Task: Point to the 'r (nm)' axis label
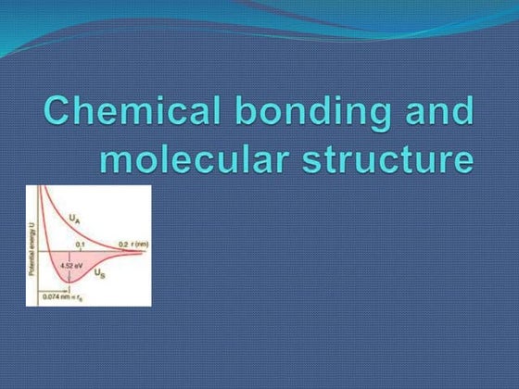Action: (138, 244)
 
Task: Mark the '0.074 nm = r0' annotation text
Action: (59, 297)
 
